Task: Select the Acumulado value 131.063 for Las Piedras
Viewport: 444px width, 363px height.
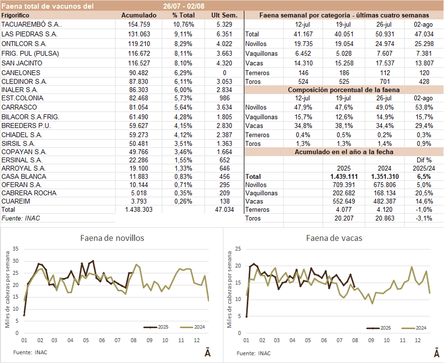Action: [x=138, y=34]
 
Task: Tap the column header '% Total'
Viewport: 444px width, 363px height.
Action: [x=183, y=15]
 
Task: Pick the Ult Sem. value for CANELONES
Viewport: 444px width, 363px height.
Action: [x=224, y=73]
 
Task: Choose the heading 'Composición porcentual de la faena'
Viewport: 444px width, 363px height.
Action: [x=343, y=90]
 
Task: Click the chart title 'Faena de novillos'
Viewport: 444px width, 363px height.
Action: [x=112, y=238]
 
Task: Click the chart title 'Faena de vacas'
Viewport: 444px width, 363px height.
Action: [x=334, y=238]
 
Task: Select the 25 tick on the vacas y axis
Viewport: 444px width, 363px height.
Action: [x=238, y=249]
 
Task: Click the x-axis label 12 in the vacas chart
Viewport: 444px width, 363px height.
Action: [x=417, y=341]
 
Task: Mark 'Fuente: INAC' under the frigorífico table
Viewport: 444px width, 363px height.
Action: [x=21, y=219]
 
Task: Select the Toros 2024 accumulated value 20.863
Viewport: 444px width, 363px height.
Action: [x=382, y=219]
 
